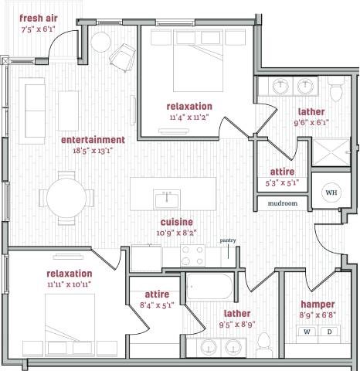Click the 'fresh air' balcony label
click(x=38, y=19)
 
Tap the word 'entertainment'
click(x=93, y=140)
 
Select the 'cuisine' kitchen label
click(x=165, y=221)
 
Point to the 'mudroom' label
click(x=283, y=204)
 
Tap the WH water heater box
click(x=331, y=192)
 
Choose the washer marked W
click(x=307, y=332)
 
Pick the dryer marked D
click(x=331, y=332)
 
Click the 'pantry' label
click(x=228, y=241)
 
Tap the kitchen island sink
click(x=165, y=199)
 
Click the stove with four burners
click(x=192, y=255)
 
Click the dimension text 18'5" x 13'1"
click(x=93, y=151)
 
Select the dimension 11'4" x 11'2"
click(x=188, y=118)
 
